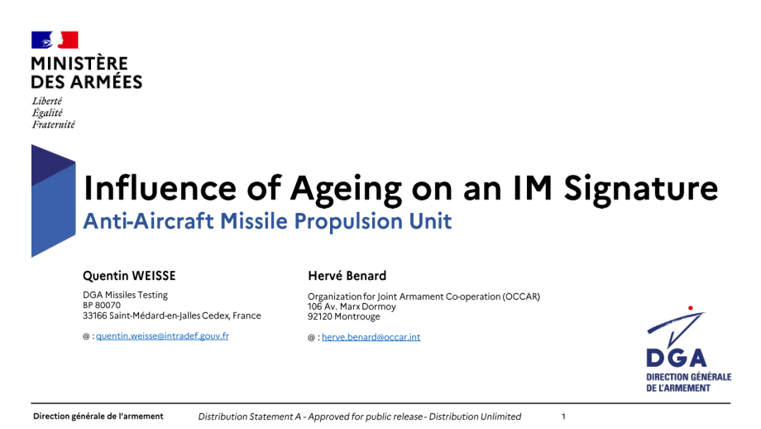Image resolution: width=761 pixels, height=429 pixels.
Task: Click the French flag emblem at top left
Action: click(55, 40)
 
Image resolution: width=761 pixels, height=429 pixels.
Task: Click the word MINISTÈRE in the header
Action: click(79, 64)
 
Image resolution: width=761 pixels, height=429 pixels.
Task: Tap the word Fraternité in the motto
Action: click(54, 125)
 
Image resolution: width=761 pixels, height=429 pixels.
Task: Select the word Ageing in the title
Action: click(346, 189)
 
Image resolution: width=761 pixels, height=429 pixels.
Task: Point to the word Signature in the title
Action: click(640, 188)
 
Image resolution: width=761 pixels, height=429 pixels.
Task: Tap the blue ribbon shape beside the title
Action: click(54, 200)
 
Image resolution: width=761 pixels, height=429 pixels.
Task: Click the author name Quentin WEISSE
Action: click(129, 276)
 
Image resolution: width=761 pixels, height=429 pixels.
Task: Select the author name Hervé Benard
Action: click(347, 276)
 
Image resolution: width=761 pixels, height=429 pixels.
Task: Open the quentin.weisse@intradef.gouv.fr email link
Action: click(162, 336)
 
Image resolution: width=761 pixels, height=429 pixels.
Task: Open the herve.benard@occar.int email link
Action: click(371, 337)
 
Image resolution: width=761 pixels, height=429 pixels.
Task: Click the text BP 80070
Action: click(102, 305)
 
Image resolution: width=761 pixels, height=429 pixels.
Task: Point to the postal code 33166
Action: click(95, 316)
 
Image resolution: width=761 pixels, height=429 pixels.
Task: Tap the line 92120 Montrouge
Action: click(343, 316)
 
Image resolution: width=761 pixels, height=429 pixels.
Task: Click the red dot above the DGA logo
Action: click(690, 308)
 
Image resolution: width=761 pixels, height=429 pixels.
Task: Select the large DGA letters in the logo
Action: click(676, 358)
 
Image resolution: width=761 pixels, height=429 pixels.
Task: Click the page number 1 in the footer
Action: click(563, 417)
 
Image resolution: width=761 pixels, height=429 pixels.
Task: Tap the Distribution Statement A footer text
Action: click(360, 417)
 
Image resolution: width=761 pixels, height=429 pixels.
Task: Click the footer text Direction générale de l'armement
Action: click(98, 417)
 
